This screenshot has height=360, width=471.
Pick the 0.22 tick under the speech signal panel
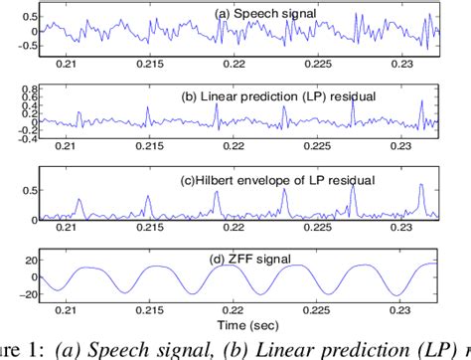tap(235, 65)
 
